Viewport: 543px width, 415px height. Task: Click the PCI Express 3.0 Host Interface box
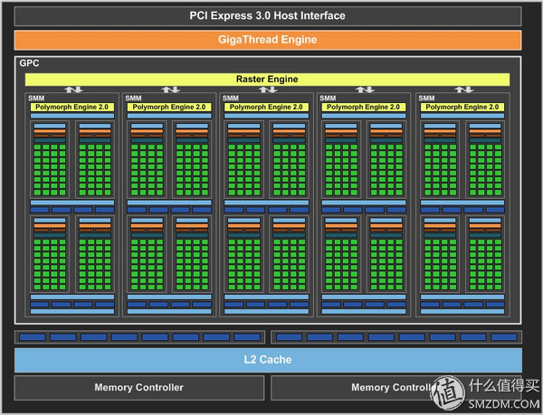pyautogui.click(x=268, y=15)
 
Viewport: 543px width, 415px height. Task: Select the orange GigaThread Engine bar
pyautogui.click(x=268, y=40)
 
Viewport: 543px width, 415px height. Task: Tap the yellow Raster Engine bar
pyautogui.click(x=268, y=79)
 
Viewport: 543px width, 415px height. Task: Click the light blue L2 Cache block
pyautogui.click(x=268, y=360)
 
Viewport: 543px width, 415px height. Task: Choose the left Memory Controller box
pyautogui.click(x=138, y=388)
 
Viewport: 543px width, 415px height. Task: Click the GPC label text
pyautogui.click(x=28, y=64)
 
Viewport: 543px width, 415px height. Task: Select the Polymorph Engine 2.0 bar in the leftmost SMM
pyautogui.click(x=72, y=107)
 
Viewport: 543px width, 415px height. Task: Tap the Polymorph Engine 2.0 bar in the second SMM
pyautogui.click(x=169, y=107)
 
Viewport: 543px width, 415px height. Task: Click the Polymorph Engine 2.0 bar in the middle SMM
pyautogui.click(x=267, y=107)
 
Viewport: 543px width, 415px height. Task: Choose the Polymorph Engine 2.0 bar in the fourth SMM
pyautogui.click(x=365, y=107)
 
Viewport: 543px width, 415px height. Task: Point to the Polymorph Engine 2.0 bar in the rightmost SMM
pyautogui.click(x=462, y=107)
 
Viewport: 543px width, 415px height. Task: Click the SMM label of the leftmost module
pyautogui.click(x=35, y=98)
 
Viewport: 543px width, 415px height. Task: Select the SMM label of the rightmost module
pyautogui.click(x=425, y=98)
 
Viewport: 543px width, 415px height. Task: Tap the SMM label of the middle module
pyautogui.click(x=230, y=98)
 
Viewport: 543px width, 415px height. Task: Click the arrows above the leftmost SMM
pyautogui.click(x=73, y=90)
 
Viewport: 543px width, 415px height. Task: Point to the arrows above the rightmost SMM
pyautogui.click(x=463, y=90)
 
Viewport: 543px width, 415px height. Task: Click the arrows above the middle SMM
pyautogui.click(x=268, y=90)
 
